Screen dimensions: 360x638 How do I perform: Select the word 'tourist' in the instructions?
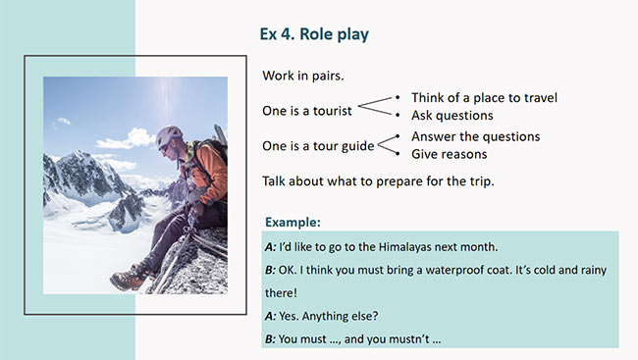pos(330,110)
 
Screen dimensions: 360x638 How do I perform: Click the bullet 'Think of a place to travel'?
pos(485,98)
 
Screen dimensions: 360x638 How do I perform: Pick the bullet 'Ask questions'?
pos(452,116)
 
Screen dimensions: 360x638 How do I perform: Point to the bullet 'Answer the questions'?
pos(475,136)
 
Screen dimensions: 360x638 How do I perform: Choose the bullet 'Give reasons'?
pos(449,154)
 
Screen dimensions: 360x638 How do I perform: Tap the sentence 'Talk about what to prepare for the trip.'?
pos(385,181)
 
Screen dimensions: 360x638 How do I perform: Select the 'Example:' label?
pos(292,222)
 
